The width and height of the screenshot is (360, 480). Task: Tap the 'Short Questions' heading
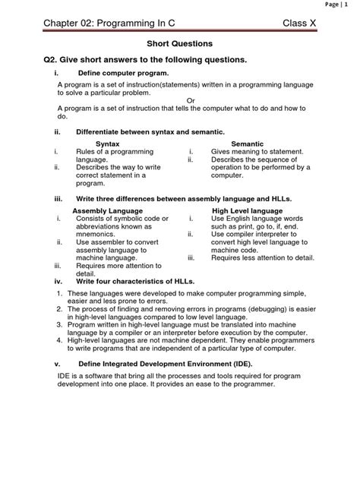pos(179,45)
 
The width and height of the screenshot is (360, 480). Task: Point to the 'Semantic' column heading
pos(247,143)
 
